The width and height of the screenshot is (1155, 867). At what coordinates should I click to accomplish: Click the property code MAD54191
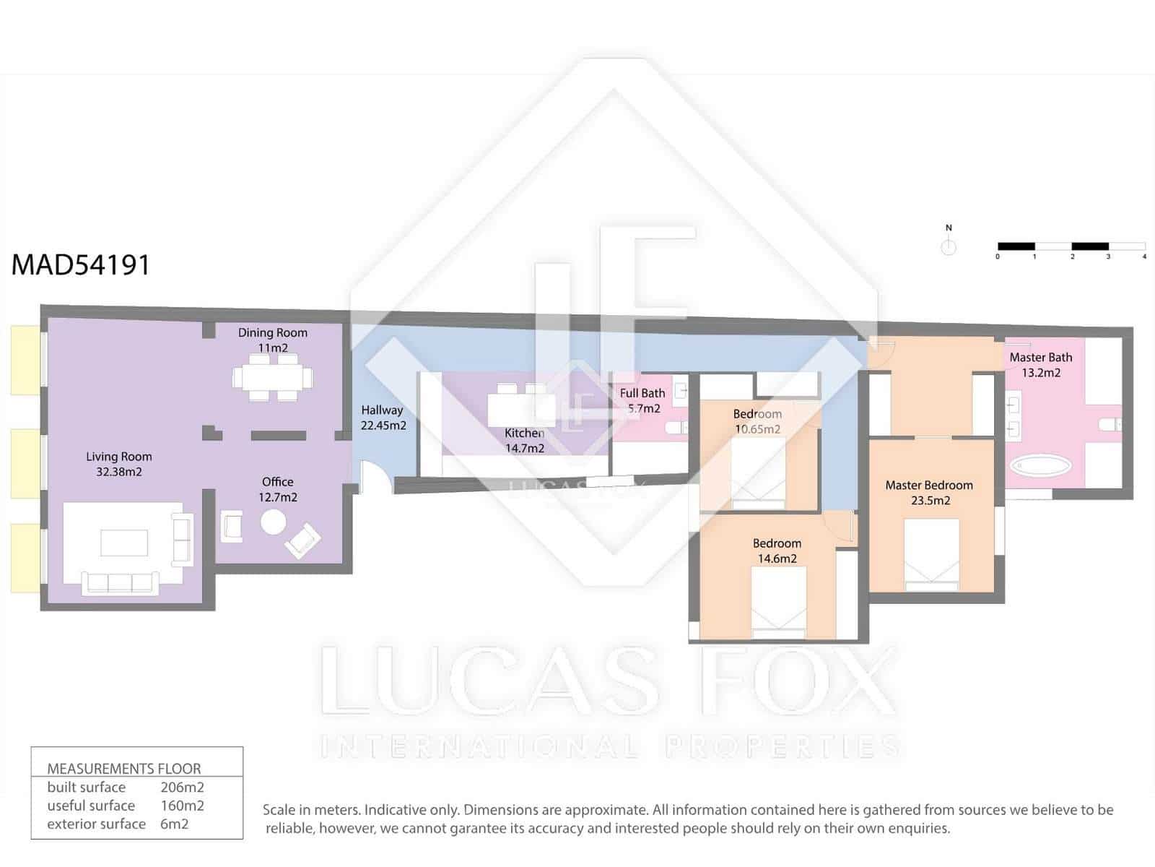pos(81,264)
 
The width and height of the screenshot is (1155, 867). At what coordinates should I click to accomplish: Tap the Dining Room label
pos(273,332)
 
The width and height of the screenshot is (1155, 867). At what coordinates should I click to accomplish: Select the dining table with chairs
pos(273,377)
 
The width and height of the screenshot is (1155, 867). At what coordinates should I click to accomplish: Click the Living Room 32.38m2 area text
pos(119,465)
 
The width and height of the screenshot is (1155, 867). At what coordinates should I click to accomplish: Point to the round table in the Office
pos(273,522)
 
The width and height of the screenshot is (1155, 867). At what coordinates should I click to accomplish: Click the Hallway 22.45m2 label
pos(383,418)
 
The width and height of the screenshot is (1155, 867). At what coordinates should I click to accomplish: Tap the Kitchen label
pos(524,433)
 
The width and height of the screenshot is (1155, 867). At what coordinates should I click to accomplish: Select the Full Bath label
pos(642,393)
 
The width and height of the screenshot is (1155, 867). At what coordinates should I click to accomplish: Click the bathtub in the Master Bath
pos(1039,465)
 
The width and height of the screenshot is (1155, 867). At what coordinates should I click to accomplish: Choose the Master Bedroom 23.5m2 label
pos(929,493)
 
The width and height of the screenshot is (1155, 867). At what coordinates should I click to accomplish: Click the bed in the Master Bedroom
pos(931,553)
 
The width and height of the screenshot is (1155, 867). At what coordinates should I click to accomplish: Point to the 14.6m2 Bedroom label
pos(777,551)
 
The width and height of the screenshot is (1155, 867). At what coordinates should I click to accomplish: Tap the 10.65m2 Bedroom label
pos(757,421)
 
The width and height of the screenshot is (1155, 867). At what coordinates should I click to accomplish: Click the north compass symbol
pos(949,246)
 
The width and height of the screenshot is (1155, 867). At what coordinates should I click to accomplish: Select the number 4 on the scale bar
pos(1144,256)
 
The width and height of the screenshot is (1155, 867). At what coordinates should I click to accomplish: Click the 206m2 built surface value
pos(182,788)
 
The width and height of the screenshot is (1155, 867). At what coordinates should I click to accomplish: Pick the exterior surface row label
pos(96,824)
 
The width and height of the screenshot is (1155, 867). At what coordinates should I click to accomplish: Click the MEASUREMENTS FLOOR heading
pos(124,769)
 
